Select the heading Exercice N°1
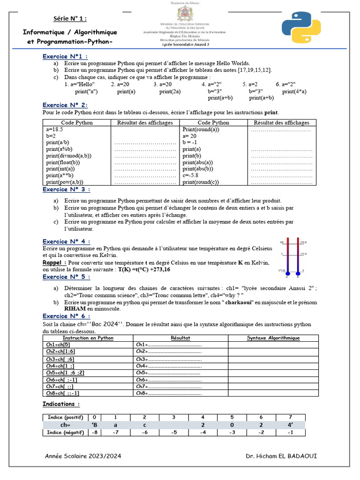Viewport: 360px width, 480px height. pyautogui.click(x=65, y=56)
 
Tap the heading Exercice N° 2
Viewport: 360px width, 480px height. pyautogui.click(x=65, y=105)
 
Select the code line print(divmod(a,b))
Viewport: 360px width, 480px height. pyautogui.click(x=69, y=156)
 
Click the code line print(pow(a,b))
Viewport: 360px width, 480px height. pyautogui.click(x=65, y=182)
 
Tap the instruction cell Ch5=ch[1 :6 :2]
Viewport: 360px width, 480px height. pyautogui.click(x=65, y=372)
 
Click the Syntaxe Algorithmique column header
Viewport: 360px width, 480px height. pyautogui.click(x=273, y=337)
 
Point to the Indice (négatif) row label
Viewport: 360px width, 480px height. pyautogui.click(x=66, y=432)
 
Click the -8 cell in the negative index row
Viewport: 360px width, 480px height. pyautogui.click(x=94, y=432)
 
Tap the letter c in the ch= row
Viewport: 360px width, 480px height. pyautogui.click(x=145, y=425)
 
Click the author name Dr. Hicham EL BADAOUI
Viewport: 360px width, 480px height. pyautogui.click(x=284, y=456)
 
